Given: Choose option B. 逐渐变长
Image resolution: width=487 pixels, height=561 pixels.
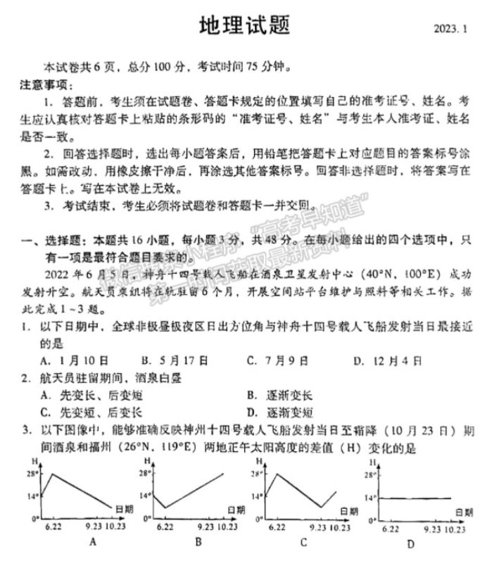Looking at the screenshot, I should [279, 396].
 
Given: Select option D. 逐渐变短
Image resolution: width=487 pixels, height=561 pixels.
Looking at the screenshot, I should [279, 412].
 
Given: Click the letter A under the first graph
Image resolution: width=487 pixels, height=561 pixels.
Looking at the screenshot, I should [92, 541].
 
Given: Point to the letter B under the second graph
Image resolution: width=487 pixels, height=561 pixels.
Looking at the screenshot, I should [198, 541].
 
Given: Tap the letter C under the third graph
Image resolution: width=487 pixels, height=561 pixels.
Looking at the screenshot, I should [303, 541].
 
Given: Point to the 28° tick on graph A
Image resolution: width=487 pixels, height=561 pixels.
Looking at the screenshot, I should [32, 474].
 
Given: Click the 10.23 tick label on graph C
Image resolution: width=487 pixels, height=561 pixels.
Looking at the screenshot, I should [339, 527].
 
